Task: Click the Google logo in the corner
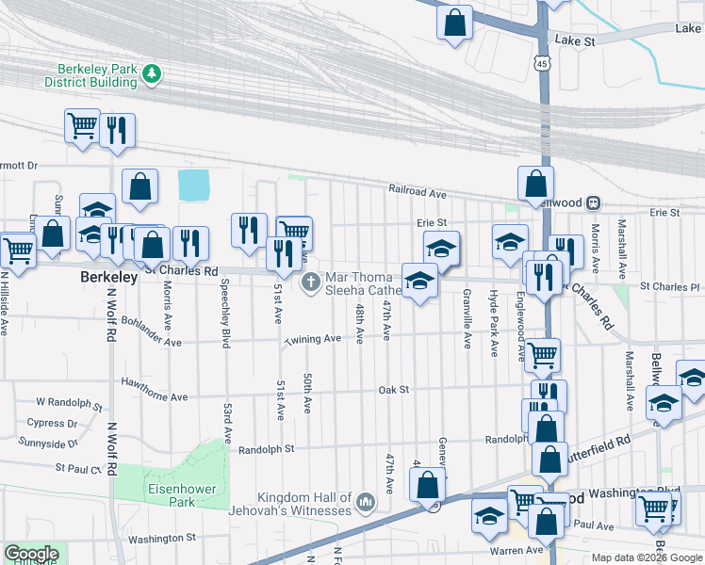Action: click(30, 554)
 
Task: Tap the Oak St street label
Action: click(393, 389)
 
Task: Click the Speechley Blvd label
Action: click(225, 314)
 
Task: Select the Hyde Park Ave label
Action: click(493, 323)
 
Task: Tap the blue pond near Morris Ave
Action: click(193, 185)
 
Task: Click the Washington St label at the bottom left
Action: click(161, 539)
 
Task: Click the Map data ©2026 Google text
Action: click(646, 557)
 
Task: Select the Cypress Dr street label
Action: click(53, 424)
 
